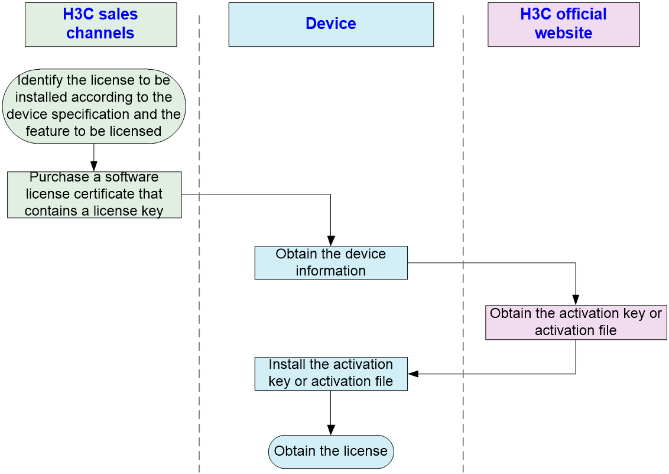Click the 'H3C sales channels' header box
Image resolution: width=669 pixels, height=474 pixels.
tap(100, 24)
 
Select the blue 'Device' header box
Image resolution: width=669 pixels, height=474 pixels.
tap(331, 24)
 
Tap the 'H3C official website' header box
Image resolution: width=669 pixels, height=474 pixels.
tap(564, 24)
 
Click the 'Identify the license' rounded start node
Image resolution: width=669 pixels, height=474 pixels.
tap(94, 106)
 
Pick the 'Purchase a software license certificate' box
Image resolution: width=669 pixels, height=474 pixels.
tap(95, 194)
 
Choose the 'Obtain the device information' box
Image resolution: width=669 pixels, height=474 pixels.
tap(331, 263)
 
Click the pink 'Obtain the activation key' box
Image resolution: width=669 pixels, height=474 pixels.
tap(576, 323)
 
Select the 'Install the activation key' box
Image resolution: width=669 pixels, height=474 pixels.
tap(331, 374)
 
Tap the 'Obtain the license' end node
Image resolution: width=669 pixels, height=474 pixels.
tap(331, 452)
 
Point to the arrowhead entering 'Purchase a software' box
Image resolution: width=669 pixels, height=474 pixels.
tap(94, 167)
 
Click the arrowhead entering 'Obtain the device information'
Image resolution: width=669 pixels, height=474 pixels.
tap(331, 241)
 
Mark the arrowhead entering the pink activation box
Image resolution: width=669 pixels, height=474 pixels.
tap(576, 300)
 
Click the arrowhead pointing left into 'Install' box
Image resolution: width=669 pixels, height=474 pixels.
tap(413, 374)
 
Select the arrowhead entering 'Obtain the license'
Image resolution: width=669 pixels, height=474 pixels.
tap(331, 430)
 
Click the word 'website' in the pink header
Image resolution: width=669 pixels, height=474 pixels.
tap(564, 33)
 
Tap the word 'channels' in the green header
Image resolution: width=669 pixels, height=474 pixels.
tap(100, 33)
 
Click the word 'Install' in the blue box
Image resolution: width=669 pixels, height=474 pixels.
tap(287, 364)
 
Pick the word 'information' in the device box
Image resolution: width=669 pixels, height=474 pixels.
tap(331, 271)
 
